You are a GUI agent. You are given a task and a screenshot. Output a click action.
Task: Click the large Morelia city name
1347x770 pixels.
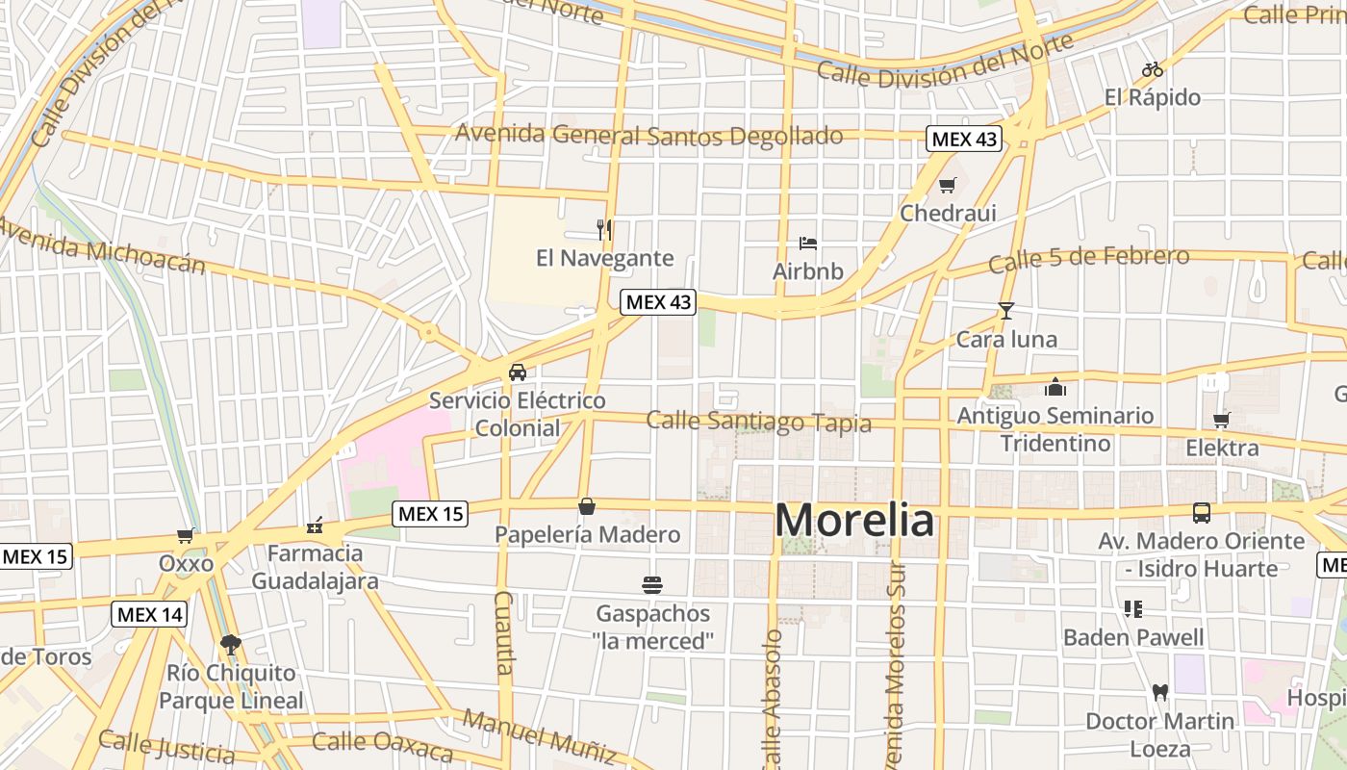[853, 521]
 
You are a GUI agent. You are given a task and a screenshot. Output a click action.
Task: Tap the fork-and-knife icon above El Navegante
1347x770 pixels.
[604, 229]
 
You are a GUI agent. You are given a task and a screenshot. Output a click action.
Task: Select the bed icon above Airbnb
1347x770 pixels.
[808, 243]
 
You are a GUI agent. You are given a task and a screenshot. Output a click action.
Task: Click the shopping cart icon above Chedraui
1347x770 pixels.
[948, 185]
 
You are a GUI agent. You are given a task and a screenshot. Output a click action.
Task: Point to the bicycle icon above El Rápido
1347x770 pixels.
[1152, 69]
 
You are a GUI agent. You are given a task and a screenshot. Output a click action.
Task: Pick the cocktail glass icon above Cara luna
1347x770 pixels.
[1006, 310]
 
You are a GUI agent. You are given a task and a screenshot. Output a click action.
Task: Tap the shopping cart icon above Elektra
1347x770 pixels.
[1222, 420]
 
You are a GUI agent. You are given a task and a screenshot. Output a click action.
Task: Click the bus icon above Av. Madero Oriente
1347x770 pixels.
[1202, 512]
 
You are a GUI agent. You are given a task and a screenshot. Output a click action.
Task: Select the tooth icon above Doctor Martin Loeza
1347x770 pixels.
[1159, 692]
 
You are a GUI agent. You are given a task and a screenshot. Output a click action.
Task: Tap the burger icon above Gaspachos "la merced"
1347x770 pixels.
[652, 584]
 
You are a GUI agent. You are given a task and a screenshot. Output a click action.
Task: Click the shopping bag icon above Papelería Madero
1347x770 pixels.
[587, 506]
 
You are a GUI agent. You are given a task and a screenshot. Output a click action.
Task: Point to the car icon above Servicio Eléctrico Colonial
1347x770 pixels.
[518, 372]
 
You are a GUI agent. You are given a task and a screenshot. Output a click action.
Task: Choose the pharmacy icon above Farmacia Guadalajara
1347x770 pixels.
[315, 525]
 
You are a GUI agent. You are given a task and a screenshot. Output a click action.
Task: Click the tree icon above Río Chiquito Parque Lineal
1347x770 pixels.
[230, 644]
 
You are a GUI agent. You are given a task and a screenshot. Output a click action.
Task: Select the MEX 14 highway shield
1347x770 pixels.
[149, 614]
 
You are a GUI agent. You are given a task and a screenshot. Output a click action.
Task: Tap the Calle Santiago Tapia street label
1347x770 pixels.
[758, 422]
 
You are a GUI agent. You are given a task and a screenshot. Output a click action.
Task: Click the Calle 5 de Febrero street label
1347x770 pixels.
[1088, 258]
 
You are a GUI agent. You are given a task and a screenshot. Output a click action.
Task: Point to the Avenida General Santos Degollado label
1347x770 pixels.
[649, 135]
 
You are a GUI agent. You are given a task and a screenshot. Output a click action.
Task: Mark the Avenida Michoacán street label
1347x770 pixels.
[100, 244]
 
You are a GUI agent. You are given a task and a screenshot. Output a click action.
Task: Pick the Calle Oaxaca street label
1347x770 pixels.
[382, 745]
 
